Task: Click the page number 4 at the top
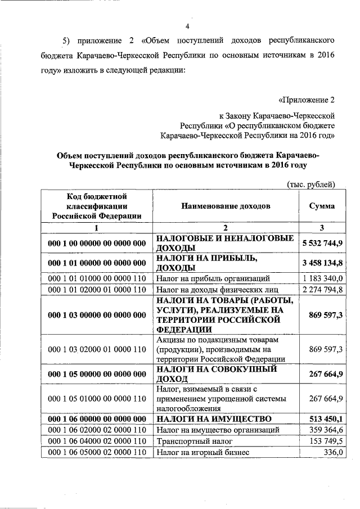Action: point(187,27)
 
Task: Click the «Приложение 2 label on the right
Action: point(307,100)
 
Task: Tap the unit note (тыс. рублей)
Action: point(310,184)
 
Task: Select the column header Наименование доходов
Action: point(225,206)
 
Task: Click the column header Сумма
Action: point(322,206)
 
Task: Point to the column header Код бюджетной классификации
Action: point(96,206)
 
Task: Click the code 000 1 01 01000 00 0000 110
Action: point(97,278)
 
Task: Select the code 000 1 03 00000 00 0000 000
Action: point(97,315)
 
